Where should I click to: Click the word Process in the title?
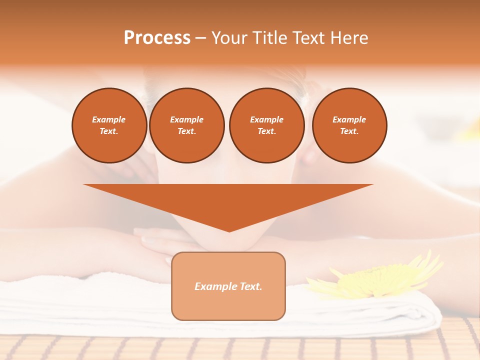point(157,38)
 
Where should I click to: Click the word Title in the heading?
point(270,38)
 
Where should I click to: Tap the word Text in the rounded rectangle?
point(251,286)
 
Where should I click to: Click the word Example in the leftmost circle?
point(109,119)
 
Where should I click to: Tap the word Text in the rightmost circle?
point(349,131)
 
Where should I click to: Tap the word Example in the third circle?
point(266,119)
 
